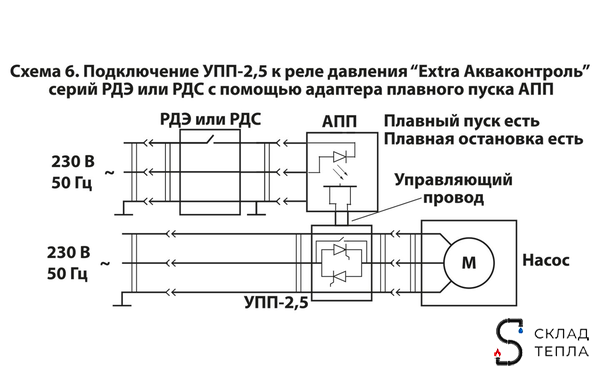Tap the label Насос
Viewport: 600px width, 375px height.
546,259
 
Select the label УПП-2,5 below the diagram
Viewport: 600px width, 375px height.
275,300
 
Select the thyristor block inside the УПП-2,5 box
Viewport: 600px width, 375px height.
341,261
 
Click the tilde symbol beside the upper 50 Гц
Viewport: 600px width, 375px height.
109,172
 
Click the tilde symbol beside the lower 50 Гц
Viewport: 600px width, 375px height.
109,262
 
